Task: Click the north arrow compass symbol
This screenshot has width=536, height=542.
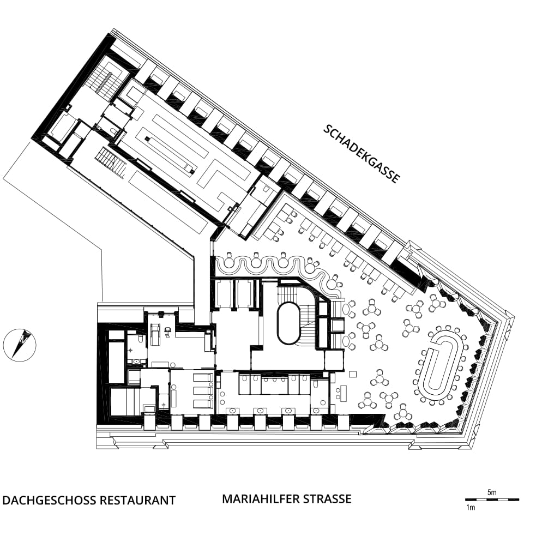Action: coord(20,345)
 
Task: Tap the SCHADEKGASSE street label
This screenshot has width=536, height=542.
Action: coord(362,154)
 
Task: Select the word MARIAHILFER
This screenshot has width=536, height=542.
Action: coord(261,499)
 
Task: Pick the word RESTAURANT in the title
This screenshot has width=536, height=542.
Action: coord(137,500)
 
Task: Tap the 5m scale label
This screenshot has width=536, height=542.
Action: coord(492,492)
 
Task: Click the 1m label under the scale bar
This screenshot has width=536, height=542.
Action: coord(471,508)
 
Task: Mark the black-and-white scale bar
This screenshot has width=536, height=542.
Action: coord(492,499)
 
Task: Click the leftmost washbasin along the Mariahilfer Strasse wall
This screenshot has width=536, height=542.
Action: coord(232,411)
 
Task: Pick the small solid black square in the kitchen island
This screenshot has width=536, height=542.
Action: coord(147,139)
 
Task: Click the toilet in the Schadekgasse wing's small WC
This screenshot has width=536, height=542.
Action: coord(114,130)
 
